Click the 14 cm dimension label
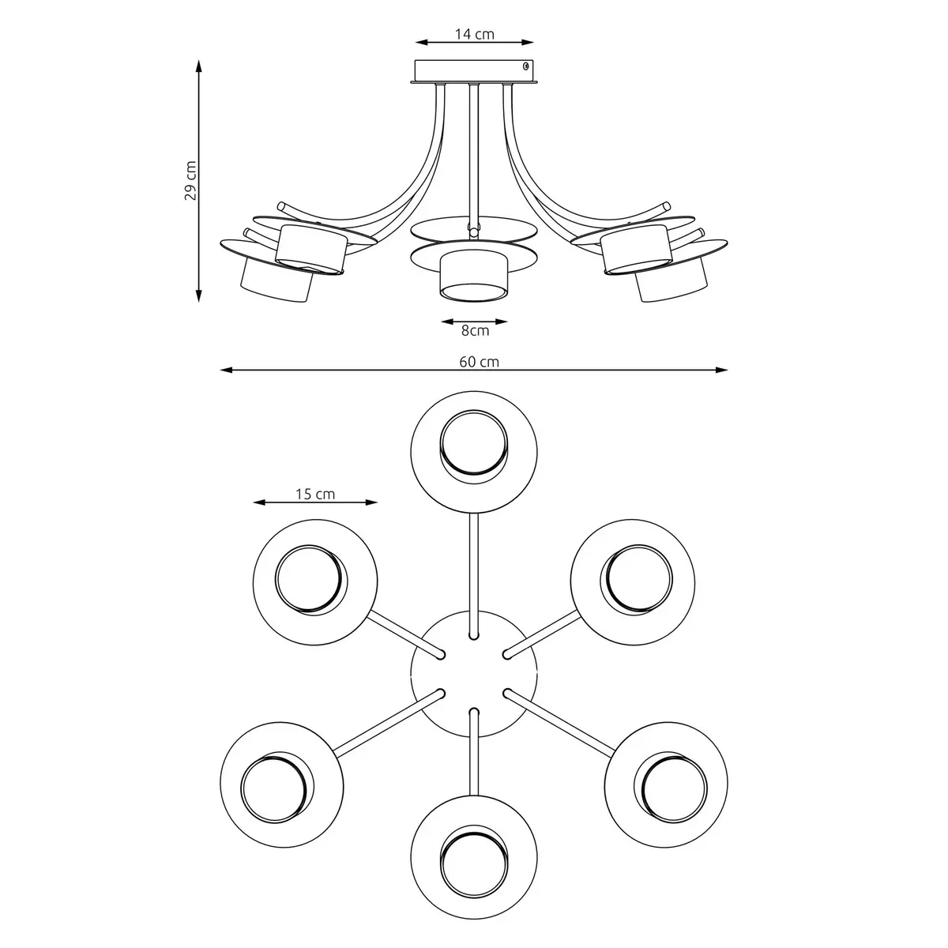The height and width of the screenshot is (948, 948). (x=474, y=34)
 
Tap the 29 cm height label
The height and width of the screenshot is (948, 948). (x=190, y=182)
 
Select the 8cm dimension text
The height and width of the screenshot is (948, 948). (x=475, y=331)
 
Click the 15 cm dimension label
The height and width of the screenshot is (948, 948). (x=315, y=495)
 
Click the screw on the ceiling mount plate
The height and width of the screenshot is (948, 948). (x=526, y=68)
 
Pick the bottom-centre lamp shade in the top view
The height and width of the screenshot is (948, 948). (x=474, y=847)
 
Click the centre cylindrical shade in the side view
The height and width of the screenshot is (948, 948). (x=473, y=277)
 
